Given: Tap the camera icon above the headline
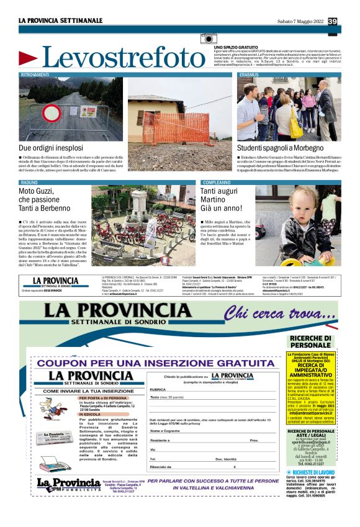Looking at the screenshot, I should tap(209, 39).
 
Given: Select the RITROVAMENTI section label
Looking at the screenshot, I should tap(36, 74).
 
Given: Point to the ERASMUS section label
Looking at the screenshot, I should tap(250, 74).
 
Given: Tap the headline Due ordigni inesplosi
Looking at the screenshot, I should tap(51, 148).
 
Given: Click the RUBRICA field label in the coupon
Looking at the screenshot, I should tap(160, 390).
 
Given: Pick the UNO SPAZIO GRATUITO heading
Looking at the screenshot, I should tap(236, 47).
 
